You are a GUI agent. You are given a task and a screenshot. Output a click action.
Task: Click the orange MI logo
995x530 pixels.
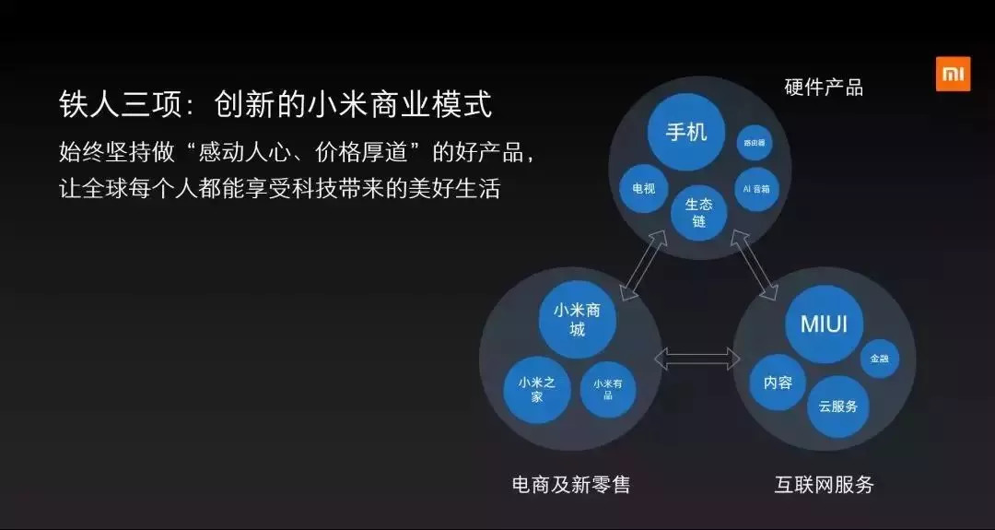tap(953, 74)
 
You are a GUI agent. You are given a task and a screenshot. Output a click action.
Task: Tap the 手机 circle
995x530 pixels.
tap(685, 132)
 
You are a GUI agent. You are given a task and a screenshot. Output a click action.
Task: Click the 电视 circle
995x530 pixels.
tap(643, 189)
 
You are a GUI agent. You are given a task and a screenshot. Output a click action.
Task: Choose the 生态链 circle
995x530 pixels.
tap(698, 212)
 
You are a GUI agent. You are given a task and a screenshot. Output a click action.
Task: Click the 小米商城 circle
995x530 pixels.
tap(577, 319)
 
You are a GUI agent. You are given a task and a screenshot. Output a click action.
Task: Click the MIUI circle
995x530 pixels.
tap(823, 324)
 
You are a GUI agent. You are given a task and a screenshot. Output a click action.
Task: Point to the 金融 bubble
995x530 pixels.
tap(879, 359)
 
